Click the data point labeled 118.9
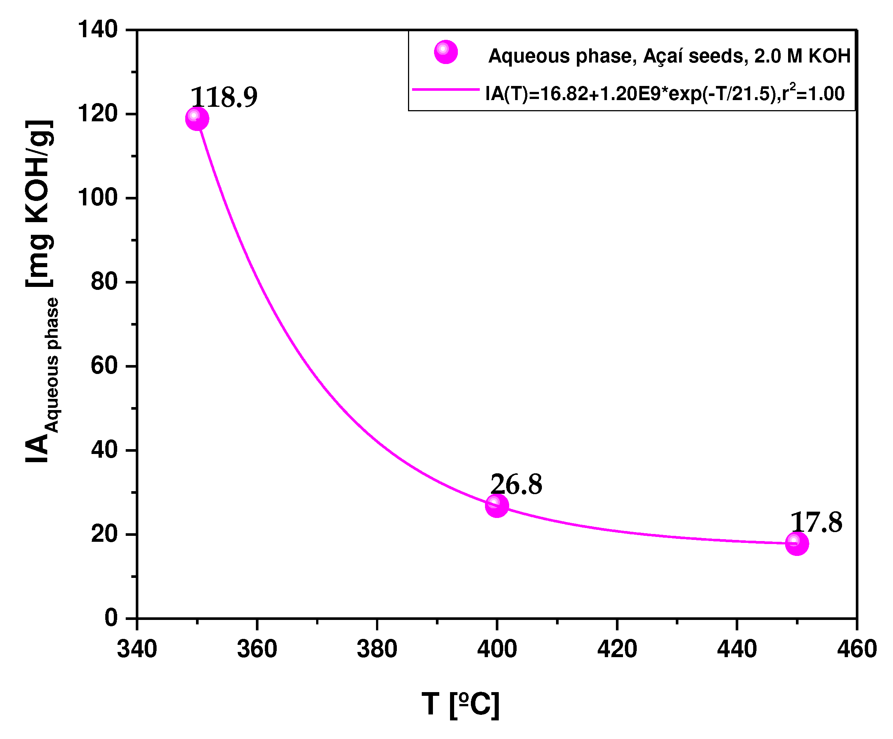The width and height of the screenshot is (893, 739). pos(197,119)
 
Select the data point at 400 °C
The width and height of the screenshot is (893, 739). pos(497,505)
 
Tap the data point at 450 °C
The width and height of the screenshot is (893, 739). pos(796,543)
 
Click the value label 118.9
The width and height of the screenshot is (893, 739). pos(224,97)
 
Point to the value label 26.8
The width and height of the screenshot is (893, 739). pos(516,484)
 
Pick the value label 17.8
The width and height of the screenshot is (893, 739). pos(816,522)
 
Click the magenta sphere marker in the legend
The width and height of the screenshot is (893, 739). pos(446,52)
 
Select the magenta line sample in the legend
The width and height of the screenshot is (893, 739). pos(446,90)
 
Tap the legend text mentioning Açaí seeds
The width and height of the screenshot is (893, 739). pos(669,56)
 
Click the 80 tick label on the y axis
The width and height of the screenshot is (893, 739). pos(105,282)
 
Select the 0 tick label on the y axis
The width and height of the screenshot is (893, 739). pos(112,618)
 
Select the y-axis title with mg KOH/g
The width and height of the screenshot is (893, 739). pos(41,291)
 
